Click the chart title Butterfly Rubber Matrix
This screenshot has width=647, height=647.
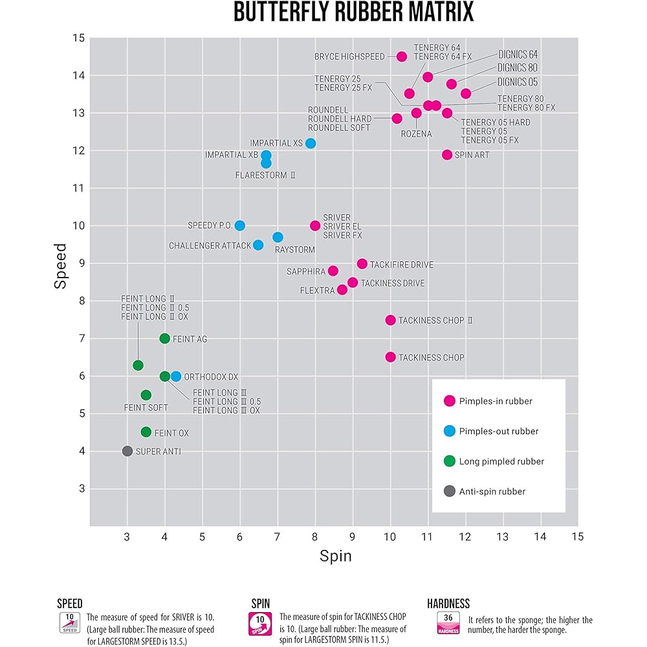coord(353,13)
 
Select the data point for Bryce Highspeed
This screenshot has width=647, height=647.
coord(401,56)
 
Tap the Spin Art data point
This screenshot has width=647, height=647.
coord(447,155)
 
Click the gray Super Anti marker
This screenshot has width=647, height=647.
coord(127,451)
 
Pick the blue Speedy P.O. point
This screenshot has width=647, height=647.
coord(240,225)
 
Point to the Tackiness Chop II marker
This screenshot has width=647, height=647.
coord(390,320)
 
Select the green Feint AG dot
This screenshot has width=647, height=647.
coord(164,338)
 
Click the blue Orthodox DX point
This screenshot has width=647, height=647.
coord(176,376)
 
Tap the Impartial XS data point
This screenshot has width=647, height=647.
coord(311,143)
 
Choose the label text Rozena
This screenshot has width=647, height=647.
coord(416,134)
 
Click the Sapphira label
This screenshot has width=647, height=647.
coord(306,272)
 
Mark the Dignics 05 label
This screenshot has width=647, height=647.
coord(517,82)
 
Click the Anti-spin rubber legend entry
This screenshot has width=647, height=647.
coord(492,491)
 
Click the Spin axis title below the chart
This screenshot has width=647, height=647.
coord(335,556)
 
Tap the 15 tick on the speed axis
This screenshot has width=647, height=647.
coord(78,38)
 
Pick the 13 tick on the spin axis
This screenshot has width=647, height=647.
coord(502,537)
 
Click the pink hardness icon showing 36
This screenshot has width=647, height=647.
coord(448,622)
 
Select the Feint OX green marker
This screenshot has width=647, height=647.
coord(146,432)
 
